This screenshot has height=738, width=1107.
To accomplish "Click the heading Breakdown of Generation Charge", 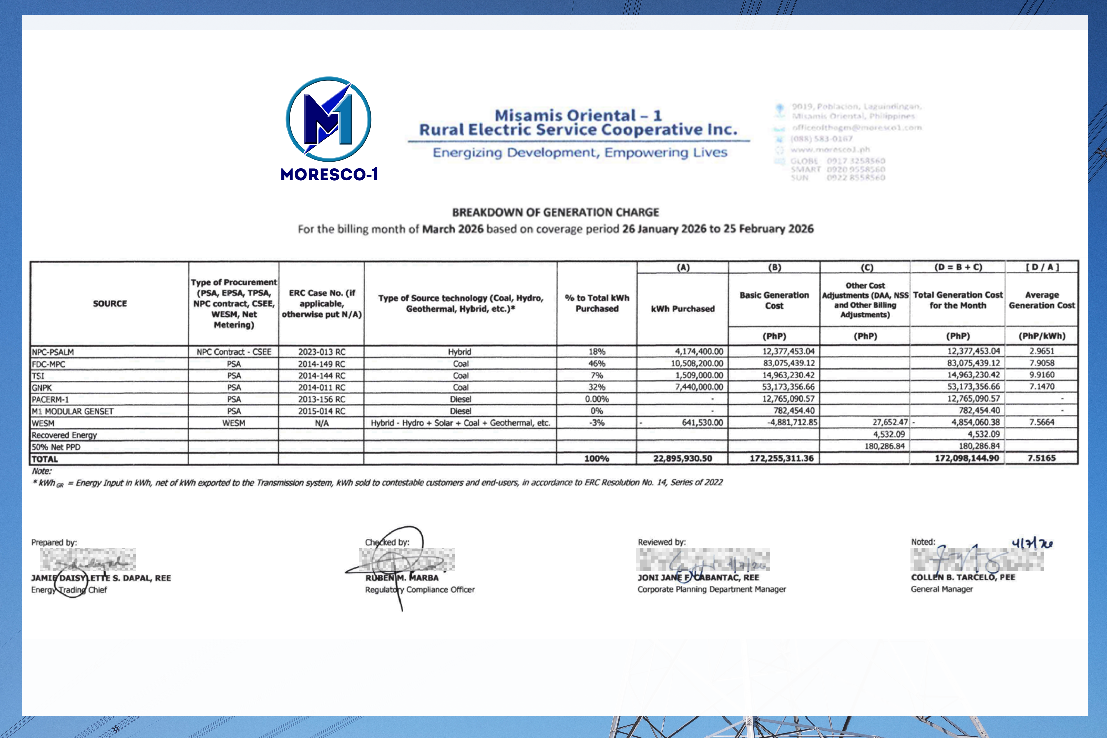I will (555, 212).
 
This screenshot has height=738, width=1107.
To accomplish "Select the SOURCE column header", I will (110, 304).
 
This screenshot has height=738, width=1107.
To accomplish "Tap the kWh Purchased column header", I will (682, 309).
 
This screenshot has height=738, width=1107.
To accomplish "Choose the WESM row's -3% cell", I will (596, 423).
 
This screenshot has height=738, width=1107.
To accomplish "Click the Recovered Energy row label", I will (64, 435).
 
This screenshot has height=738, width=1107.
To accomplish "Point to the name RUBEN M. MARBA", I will (402, 578).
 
